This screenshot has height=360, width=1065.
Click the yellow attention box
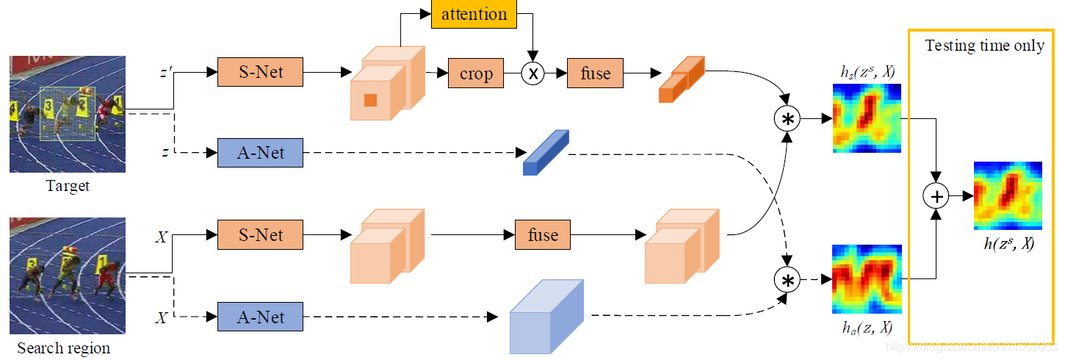[474, 14]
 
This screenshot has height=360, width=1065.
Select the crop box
[476, 73]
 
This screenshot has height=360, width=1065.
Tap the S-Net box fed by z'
[260, 73]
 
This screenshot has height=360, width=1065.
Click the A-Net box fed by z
[260, 154]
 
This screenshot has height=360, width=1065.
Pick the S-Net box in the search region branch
[260, 235]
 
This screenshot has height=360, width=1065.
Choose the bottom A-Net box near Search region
[260, 317]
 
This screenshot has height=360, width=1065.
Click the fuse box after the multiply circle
[594, 73]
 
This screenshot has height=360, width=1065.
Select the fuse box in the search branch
[542, 235]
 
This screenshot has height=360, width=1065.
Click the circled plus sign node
[936, 195]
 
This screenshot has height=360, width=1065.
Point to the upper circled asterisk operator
[787, 119]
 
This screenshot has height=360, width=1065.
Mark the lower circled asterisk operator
[787, 280]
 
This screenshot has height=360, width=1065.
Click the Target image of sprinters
[67, 114]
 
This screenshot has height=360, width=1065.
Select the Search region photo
[67, 276]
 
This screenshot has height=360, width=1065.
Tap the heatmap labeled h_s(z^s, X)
[866, 118]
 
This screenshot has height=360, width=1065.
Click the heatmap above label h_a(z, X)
[866, 280]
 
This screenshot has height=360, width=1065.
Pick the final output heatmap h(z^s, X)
[1008, 195]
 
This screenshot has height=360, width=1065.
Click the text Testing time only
[984, 46]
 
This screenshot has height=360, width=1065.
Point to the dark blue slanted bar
[545, 152]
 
